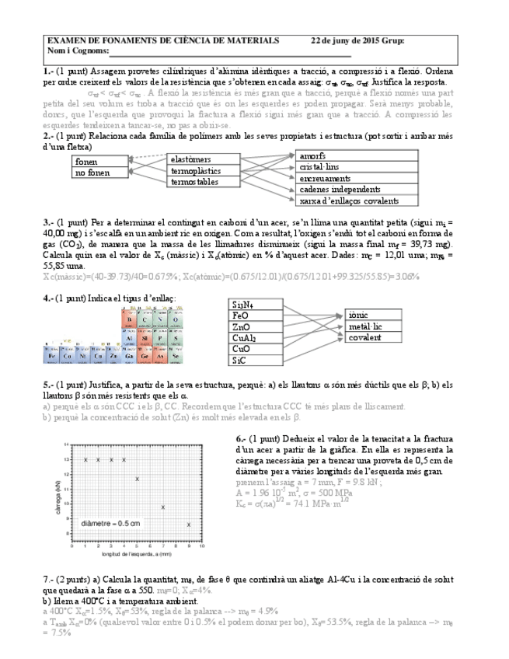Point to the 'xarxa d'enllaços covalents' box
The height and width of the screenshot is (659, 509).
click(x=343, y=200)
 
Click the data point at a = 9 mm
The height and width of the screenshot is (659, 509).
click(x=189, y=525)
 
